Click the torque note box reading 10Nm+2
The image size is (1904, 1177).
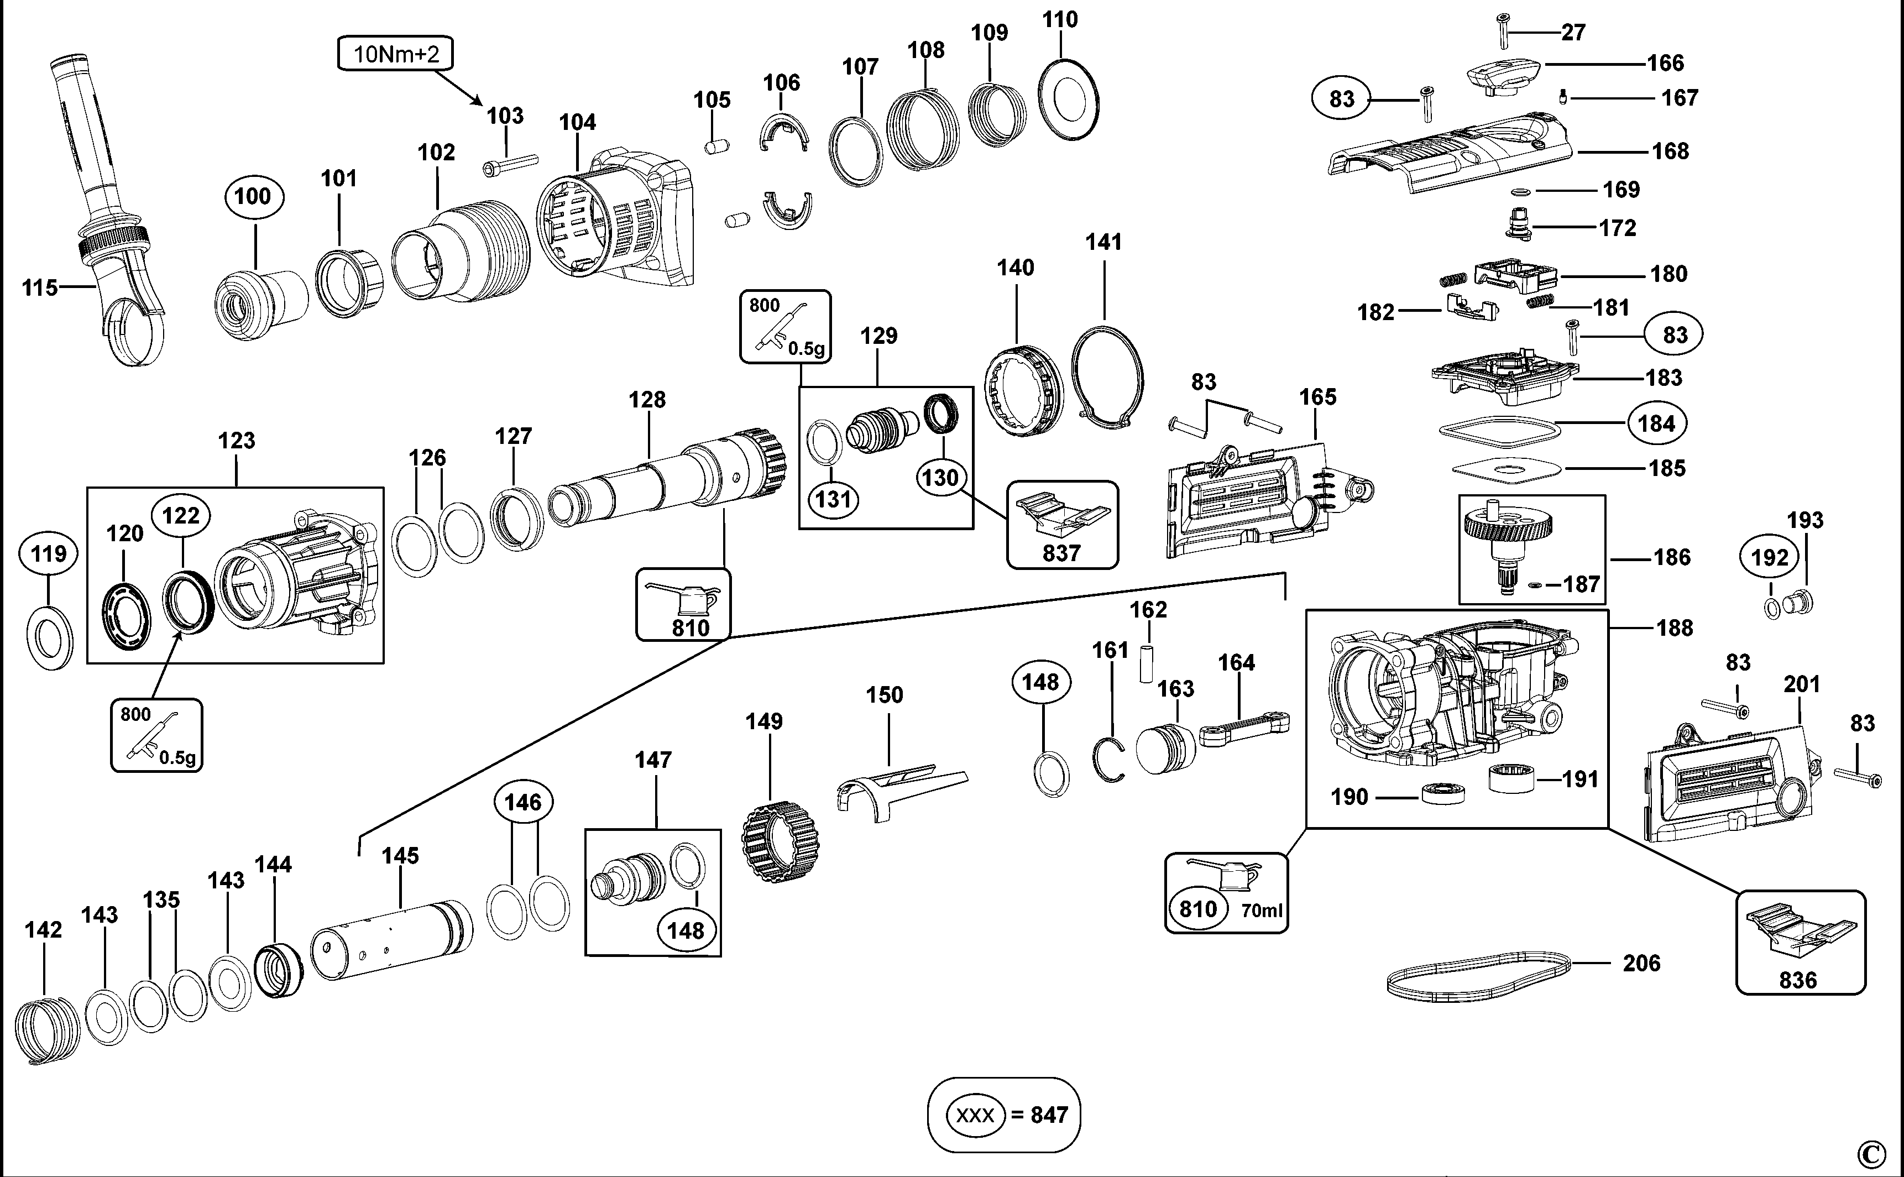(x=395, y=54)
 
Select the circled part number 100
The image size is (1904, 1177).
(x=254, y=196)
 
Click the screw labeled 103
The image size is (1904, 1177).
(x=511, y=162)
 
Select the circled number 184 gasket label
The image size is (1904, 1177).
(x=1656, y=423)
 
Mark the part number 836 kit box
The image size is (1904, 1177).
(x=1801, y=943)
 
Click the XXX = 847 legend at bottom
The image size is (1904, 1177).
(x=1003, y=1115)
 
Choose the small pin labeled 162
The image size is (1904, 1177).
(x=1146, y=662)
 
